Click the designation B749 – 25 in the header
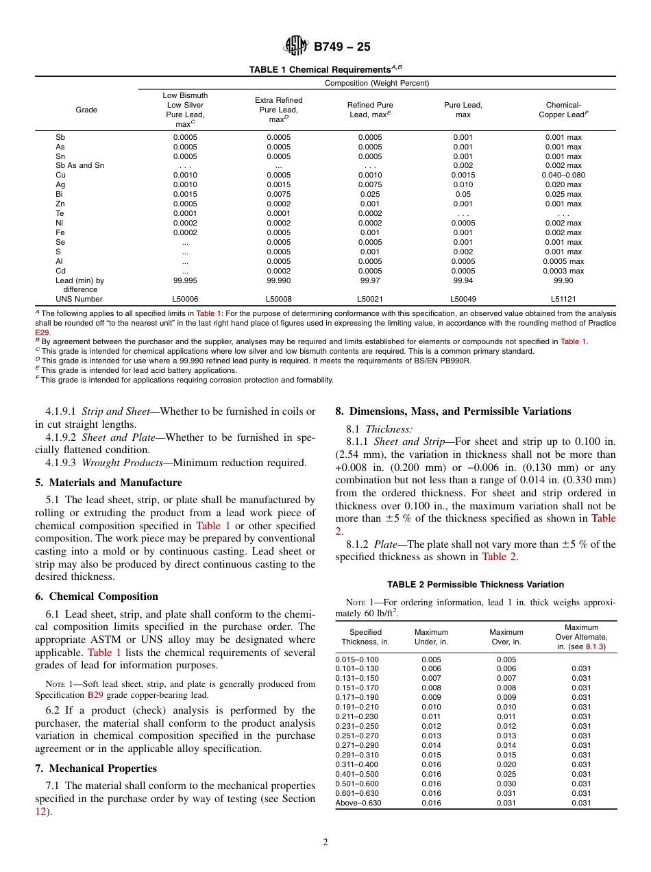(342, 47)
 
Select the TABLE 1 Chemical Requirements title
(325, 70)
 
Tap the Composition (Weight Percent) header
(377, 83)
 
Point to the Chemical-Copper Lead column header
(563, 110)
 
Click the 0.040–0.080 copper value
(563, 175)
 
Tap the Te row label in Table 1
(60, 213)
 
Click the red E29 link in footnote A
(42, 332)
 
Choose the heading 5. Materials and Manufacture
(108, 483)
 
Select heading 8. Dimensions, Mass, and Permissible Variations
(453, 411)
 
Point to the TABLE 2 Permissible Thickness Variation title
(476, 585)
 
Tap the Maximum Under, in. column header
(431, 637)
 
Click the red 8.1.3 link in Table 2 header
(594, 646)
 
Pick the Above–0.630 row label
(358, 803)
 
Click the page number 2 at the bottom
(325, 843)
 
